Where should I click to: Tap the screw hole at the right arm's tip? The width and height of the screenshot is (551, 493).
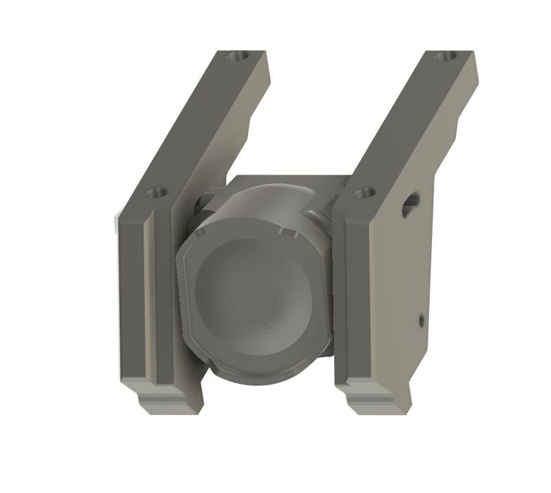pyautogui.click(x=445, y=57)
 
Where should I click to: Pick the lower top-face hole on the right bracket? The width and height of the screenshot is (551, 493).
pyautogui.click(x=364, y=193)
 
